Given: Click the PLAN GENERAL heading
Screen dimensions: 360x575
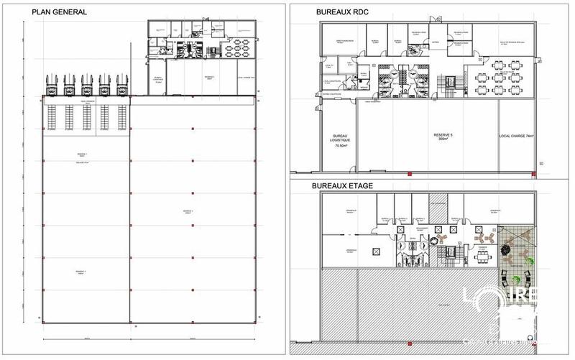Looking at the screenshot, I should (60, 12).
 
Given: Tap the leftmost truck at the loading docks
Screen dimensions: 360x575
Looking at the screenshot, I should (53, 86).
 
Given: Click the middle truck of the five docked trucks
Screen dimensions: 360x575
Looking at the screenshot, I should (86, 86).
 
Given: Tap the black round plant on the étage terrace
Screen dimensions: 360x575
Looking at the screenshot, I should (507, 249).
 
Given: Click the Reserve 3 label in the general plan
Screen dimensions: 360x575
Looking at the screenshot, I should (81, 272).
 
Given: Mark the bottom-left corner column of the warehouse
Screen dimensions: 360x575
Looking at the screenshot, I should (42, 321).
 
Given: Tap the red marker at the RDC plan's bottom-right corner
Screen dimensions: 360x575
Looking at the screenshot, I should (533, 173).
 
